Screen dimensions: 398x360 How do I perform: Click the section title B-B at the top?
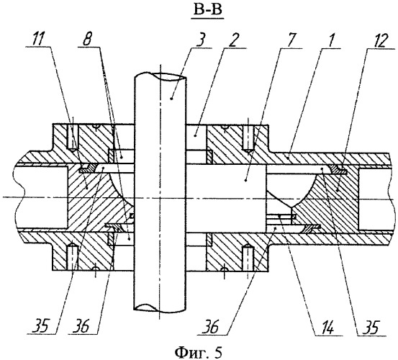click(x=207, y=10)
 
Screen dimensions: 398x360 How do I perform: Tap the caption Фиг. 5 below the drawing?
click(x=199, y=352)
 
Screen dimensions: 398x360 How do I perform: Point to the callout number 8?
click(x=87, y=40)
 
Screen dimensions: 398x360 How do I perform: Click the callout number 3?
click(x=202, y=40)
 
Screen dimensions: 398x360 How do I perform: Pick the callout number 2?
click(x=233, y=40)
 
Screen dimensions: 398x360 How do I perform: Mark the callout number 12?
click(x=377, y=40)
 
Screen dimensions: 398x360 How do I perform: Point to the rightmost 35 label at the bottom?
click(x=370, y=329)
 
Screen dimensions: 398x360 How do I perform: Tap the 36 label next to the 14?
click(x=210, y=328)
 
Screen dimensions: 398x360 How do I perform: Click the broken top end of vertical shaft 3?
click(x=160, y=76)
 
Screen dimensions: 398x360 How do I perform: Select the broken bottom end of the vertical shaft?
click(x=160, y=308)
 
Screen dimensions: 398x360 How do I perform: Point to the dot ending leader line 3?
click(x=171, y=99)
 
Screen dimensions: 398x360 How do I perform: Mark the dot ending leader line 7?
click(x=245, y=180)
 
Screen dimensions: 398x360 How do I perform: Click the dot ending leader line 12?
click(x=337, y=190)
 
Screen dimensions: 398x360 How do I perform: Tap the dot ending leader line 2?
click(x=195, y=136)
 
